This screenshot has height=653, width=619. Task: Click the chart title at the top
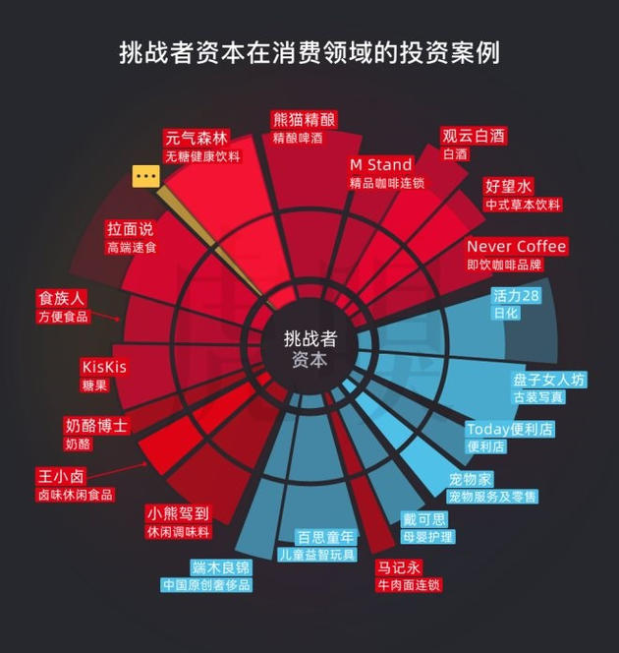pos(309,52)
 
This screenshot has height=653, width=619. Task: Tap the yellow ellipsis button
pos(146,176)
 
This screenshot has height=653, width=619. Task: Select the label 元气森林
pos(197,138)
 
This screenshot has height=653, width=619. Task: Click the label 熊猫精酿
pos(304,120)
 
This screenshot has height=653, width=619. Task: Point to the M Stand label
pos(381,164)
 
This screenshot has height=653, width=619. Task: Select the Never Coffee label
pos(516,246)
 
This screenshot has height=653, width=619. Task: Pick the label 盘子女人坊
pos(548,380)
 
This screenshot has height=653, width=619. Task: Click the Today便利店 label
pos(510,429)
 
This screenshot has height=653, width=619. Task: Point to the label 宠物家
pos(470,479)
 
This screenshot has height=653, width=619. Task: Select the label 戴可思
pos(425,519)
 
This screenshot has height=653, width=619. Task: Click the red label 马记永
pos(399,566)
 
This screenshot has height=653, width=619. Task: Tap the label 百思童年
pos(326,537)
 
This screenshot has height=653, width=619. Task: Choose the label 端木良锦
pos(221,567)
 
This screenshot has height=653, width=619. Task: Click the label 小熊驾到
pos(178,513)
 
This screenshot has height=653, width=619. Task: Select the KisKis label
pos(104,367)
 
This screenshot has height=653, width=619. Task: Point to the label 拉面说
pos(131,229)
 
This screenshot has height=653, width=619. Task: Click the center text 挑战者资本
pos(309,339)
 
